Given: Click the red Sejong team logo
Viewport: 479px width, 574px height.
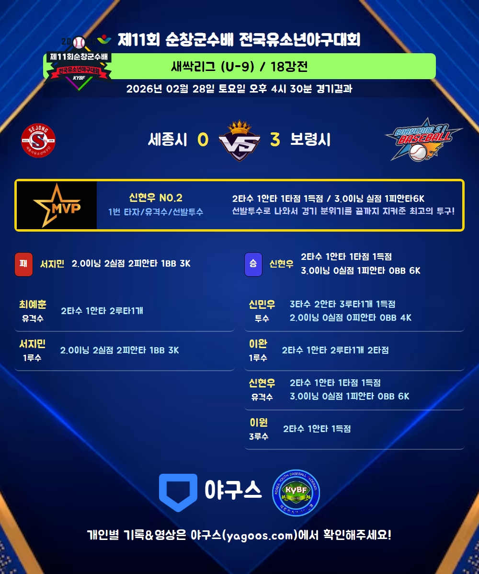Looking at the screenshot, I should click(x=38, y=140).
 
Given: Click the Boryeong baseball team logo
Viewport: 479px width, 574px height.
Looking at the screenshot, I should click(x=423, y=139).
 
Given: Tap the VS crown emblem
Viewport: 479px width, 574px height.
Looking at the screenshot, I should click(x=239, y=140).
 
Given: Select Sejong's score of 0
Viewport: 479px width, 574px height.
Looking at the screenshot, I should click(x=203, y=140).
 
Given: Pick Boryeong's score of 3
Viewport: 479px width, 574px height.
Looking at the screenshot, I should click(x=274, y=140).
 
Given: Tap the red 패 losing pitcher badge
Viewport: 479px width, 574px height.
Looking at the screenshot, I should click(x=23, y=264).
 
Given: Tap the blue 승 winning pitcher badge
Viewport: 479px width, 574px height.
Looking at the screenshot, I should click(x=253, y=264).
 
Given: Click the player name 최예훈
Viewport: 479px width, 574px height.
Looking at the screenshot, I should click(x=33, y=304).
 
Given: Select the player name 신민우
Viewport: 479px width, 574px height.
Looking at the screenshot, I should click(x=262, y=304).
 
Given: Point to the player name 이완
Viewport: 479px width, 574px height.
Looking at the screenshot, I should click(x=258, y=344).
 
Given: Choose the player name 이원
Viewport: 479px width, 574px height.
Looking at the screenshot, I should click(x=259, y=422).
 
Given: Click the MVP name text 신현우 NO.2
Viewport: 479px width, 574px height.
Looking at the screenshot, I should click(x=156, y=198).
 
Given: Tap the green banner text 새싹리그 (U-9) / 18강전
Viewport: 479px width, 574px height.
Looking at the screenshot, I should click(x=239, y=66).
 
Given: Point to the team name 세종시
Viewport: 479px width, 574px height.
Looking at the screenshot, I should click(x=167, y=140).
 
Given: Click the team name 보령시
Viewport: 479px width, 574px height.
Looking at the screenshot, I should click(x=310, y=140).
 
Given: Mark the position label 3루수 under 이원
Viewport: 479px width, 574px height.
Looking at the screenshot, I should click(x=259, y=436).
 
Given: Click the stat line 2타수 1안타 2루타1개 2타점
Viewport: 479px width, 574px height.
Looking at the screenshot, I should click(x=335, y=350).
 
